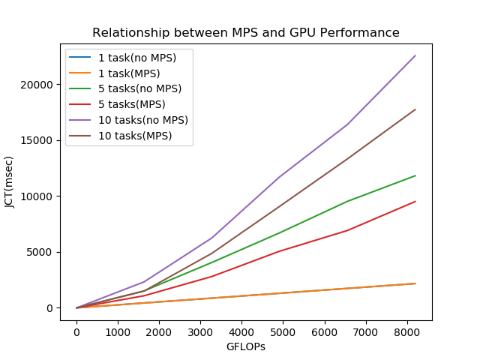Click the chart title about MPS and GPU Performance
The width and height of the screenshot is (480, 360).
246,33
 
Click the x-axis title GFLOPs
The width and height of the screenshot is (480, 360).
246,347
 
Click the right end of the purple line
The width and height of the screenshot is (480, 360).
415,55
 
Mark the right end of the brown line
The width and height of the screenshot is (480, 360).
415,109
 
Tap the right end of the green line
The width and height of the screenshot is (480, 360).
415,175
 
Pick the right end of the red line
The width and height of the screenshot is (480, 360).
415,201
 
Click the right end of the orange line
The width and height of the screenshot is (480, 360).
415,283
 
